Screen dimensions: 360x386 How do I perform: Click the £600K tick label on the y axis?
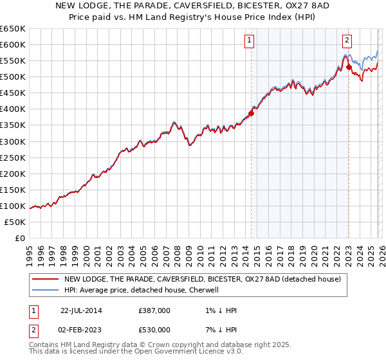pos(13,45)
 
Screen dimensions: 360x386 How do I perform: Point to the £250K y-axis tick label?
pos(13,157)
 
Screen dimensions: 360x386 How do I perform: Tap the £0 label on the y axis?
pos(19,238)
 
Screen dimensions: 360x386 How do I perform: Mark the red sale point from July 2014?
pos(252,113)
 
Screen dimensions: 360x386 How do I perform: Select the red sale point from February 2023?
pos(349,67)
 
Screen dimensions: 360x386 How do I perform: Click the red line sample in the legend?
pos(45,279)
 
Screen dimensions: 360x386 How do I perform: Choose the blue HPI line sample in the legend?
pos(45,290)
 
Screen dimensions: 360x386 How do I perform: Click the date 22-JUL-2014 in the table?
pos(81,310)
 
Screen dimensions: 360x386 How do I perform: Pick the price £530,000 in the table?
pos(154,329)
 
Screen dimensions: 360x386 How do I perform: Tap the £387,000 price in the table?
pos(154,310)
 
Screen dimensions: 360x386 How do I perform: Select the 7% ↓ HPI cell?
pos(219,329)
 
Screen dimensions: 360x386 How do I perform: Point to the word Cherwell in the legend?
pos(204,290)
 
